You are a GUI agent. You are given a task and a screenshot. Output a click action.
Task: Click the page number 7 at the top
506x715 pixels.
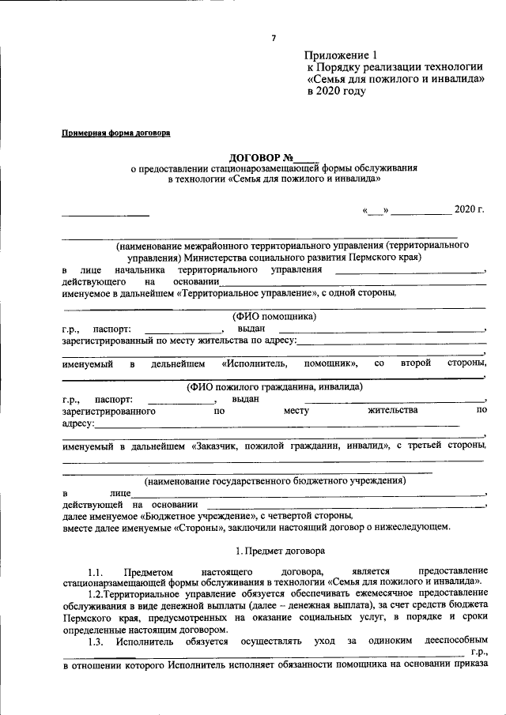tap(274, 38)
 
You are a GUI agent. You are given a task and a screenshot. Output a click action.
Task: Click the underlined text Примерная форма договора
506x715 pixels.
tap(116, 133)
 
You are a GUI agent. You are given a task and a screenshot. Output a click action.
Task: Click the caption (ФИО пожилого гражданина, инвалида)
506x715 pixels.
tap(274, 387)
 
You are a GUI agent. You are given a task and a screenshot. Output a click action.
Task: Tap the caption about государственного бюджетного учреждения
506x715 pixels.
tap(274, 480)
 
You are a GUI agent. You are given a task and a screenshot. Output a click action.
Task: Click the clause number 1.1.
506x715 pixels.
tap(96, 571)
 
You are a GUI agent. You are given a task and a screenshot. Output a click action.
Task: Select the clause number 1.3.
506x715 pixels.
tap(96, 642)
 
